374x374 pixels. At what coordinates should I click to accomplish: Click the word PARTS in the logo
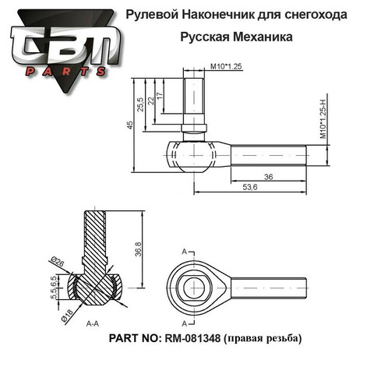coord(65,72)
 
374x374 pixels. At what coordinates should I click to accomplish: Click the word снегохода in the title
coord(316,15)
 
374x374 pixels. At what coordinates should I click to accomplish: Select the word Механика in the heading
coord(263,37)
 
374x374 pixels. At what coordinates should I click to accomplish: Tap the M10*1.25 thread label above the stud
coord(226,66)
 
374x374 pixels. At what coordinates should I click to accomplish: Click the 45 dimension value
coord(130,125)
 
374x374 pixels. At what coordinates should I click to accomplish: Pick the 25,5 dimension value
coord(140,104)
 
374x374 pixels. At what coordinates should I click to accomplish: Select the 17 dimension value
coord(161,96)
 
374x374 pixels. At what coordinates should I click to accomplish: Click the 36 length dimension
coord(269,177)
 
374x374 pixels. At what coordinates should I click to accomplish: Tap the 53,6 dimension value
coord(250,187)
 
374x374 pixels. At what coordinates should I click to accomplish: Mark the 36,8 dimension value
coord(139,249)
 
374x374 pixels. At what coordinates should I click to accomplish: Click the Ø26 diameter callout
coord(58,262)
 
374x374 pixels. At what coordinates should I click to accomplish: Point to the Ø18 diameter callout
coord(67,316)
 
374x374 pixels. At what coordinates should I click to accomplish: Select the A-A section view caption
coord(93,323)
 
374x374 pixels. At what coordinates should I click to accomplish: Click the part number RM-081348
coord(192,338)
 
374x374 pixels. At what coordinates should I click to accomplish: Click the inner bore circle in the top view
coord(194,288)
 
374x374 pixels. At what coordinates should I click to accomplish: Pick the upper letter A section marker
coord(185,252)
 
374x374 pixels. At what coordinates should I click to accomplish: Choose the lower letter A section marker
coord(185,323)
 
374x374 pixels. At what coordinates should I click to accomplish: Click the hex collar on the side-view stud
coord(194,129)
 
